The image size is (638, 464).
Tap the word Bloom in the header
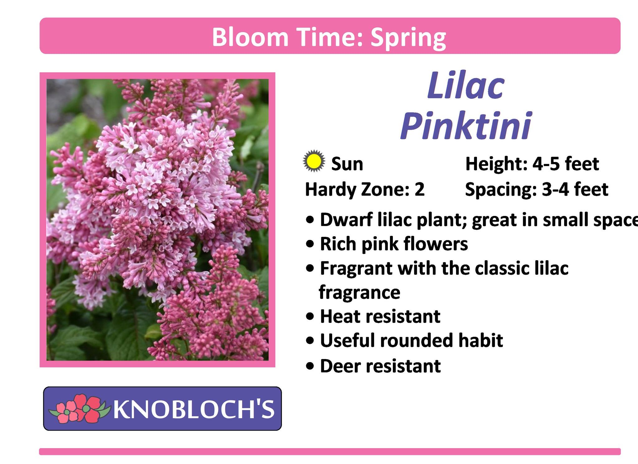[x=250, y=37]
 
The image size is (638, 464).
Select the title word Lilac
[x=466, y=85]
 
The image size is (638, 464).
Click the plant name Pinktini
[x=466, y=125]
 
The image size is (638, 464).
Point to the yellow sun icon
[x=314, y=161]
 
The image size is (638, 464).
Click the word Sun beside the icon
[x=347, y=164]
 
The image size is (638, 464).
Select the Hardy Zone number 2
[x=419, y=189]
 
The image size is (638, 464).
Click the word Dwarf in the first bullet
[x=346, y=219]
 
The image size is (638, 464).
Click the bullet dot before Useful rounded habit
[x=310, y=341]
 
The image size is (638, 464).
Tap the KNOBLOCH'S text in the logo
[x=194, y=409]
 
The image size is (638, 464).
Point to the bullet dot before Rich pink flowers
[x=310, y=244]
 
